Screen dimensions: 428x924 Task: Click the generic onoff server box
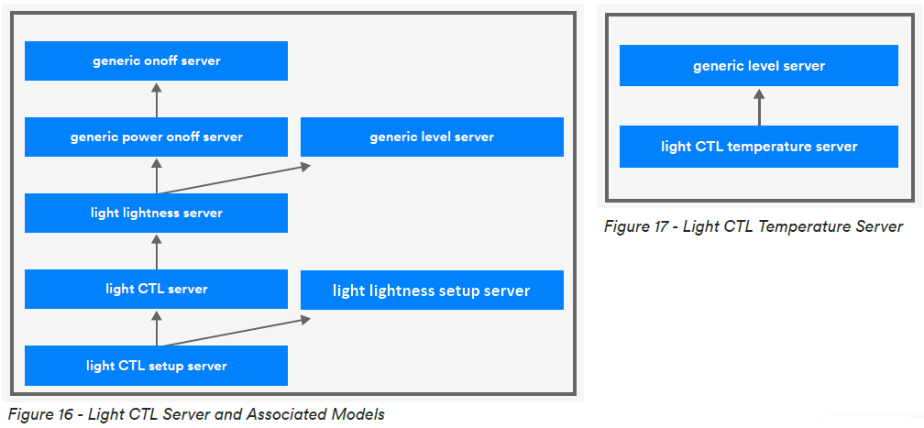click(156, 61)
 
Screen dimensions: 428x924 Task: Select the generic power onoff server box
click(156, 137)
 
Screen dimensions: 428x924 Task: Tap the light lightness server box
click(156, 214)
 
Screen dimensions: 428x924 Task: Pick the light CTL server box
click(156, 290)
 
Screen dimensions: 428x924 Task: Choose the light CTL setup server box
click(156, 366)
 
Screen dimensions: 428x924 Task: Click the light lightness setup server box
click(432, 291)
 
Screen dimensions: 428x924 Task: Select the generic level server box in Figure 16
click(432, 137)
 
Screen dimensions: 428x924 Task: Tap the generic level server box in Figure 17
click(759, 67)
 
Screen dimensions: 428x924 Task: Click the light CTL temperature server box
click(759, 147)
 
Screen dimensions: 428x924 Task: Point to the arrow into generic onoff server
click(156, 100)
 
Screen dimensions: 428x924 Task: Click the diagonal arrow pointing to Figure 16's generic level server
click(234, 180)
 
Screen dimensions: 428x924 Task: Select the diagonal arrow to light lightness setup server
click(234, 332)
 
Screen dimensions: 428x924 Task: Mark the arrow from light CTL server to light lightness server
click(156, 251)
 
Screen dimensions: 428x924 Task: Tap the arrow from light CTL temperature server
click(759, 107)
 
